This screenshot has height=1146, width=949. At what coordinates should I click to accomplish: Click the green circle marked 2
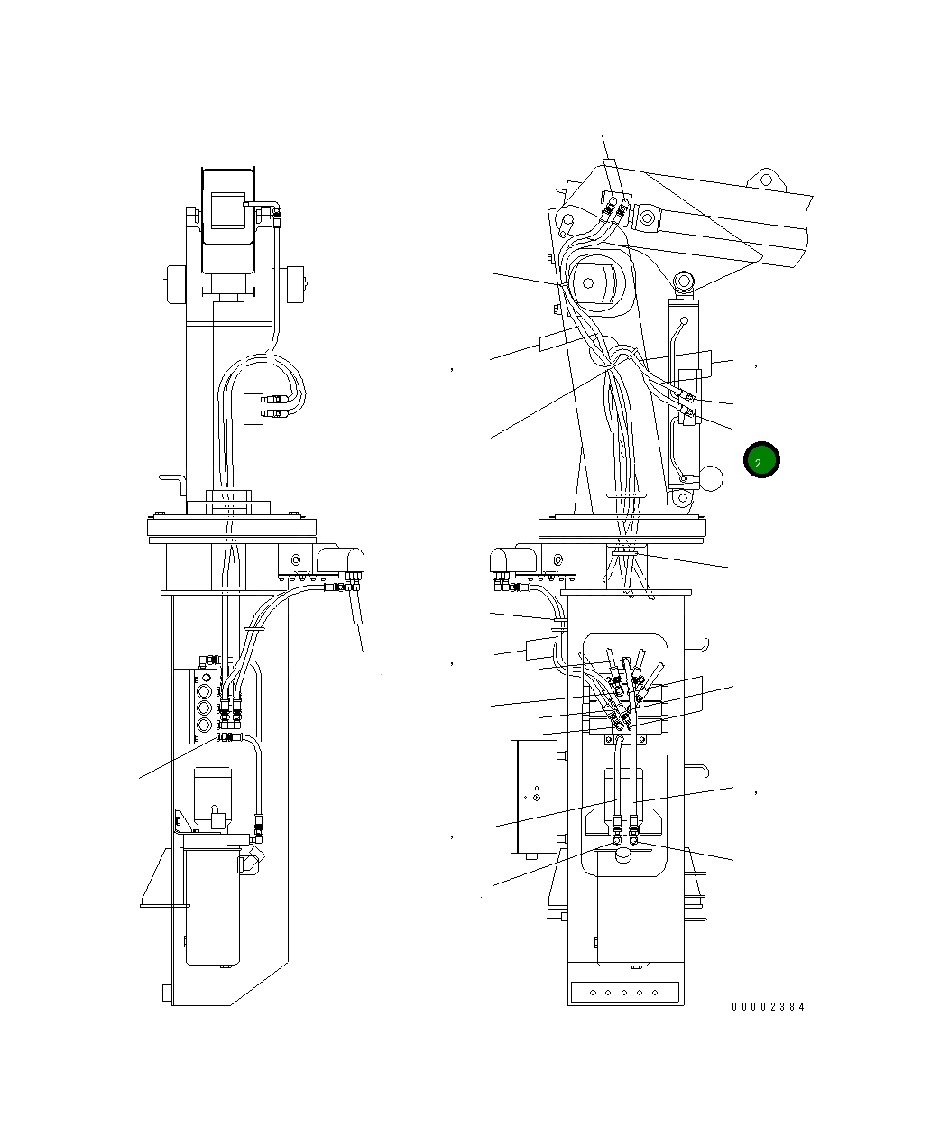pos(760,460)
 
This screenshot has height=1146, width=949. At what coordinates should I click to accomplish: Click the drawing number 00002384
pos(768,1007)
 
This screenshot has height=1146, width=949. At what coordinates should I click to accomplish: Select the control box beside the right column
pos(534,796)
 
